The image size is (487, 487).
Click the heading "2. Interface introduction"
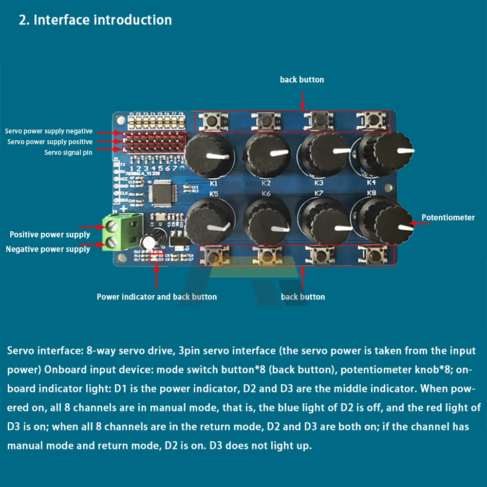point(95,20)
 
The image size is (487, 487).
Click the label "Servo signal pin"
point(68,152)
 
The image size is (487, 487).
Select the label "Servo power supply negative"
point(49,131)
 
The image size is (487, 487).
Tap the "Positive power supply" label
point(50,235)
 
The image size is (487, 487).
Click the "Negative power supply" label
point(48,249)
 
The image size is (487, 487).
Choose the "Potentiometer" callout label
point(448,218)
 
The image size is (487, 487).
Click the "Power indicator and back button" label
point(157,297)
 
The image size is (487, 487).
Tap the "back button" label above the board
point(302,79)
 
